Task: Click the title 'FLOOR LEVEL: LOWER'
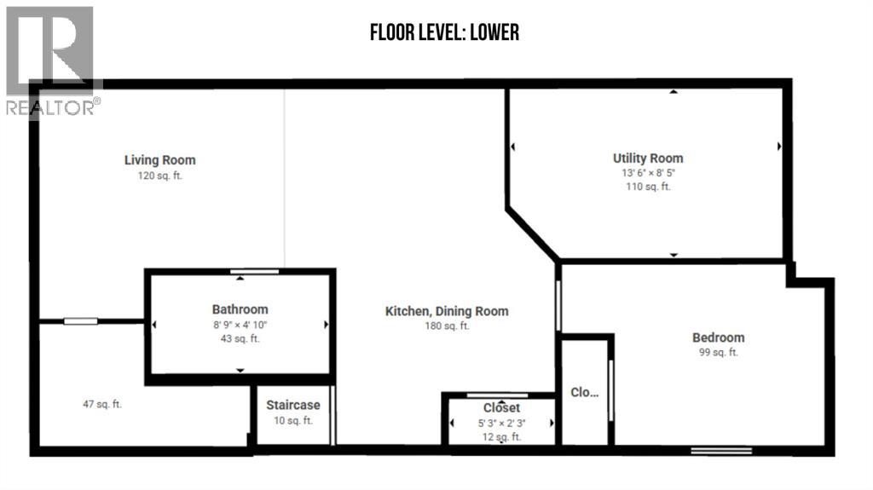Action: [x=444, y=32]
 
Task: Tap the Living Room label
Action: [x=159, y=160]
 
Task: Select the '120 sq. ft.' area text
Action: [x=159, y=176]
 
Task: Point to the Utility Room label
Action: [x=648, y=159]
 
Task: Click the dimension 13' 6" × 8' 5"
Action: [x=648, y=173]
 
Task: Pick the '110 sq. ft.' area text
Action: [x=648, y=187]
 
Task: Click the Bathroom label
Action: [x=240, y=309]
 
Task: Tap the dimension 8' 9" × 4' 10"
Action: [x=240, y=326]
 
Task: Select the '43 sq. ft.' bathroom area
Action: [x=240, y=338]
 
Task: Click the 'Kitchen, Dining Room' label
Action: [x=447, y=311]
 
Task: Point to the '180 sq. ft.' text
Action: [x=447, y=326]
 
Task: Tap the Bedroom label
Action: [x=718, y=337]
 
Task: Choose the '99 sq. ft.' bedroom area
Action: [x=718, y=353]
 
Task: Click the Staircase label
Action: [x=293, y=406]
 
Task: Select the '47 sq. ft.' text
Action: [x=102, y=404]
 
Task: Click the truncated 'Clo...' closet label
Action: [x=585, y=393]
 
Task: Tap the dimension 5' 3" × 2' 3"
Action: [x=501, y=424]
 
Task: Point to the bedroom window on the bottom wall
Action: [x=721, y=451]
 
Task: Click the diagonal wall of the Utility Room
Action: [x=533, y=234]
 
